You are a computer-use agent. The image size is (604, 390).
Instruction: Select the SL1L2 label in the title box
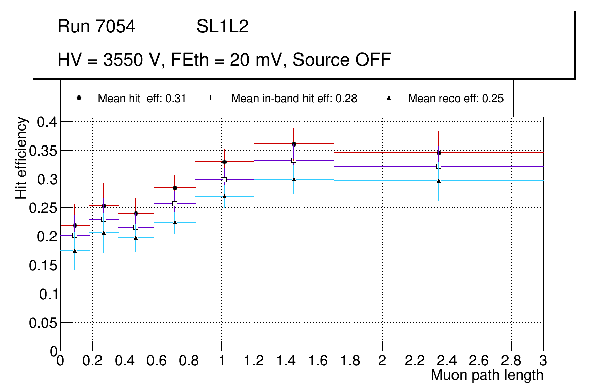tap(223, 27)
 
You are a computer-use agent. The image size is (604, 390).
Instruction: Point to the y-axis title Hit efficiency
tap(21, 158)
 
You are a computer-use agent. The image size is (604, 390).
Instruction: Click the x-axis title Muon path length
tap(487, 375)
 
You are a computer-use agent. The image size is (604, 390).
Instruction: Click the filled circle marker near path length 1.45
tap(294, 144)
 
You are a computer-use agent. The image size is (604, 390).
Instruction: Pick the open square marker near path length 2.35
tap(439, 166)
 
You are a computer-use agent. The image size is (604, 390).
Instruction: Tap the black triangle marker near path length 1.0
tap(224, 196)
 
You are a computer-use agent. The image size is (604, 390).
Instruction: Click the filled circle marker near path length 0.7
tap(175, 188)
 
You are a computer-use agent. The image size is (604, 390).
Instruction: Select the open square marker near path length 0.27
tap(104, 219)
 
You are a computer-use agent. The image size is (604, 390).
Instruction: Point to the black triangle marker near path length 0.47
tap(136, 238)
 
